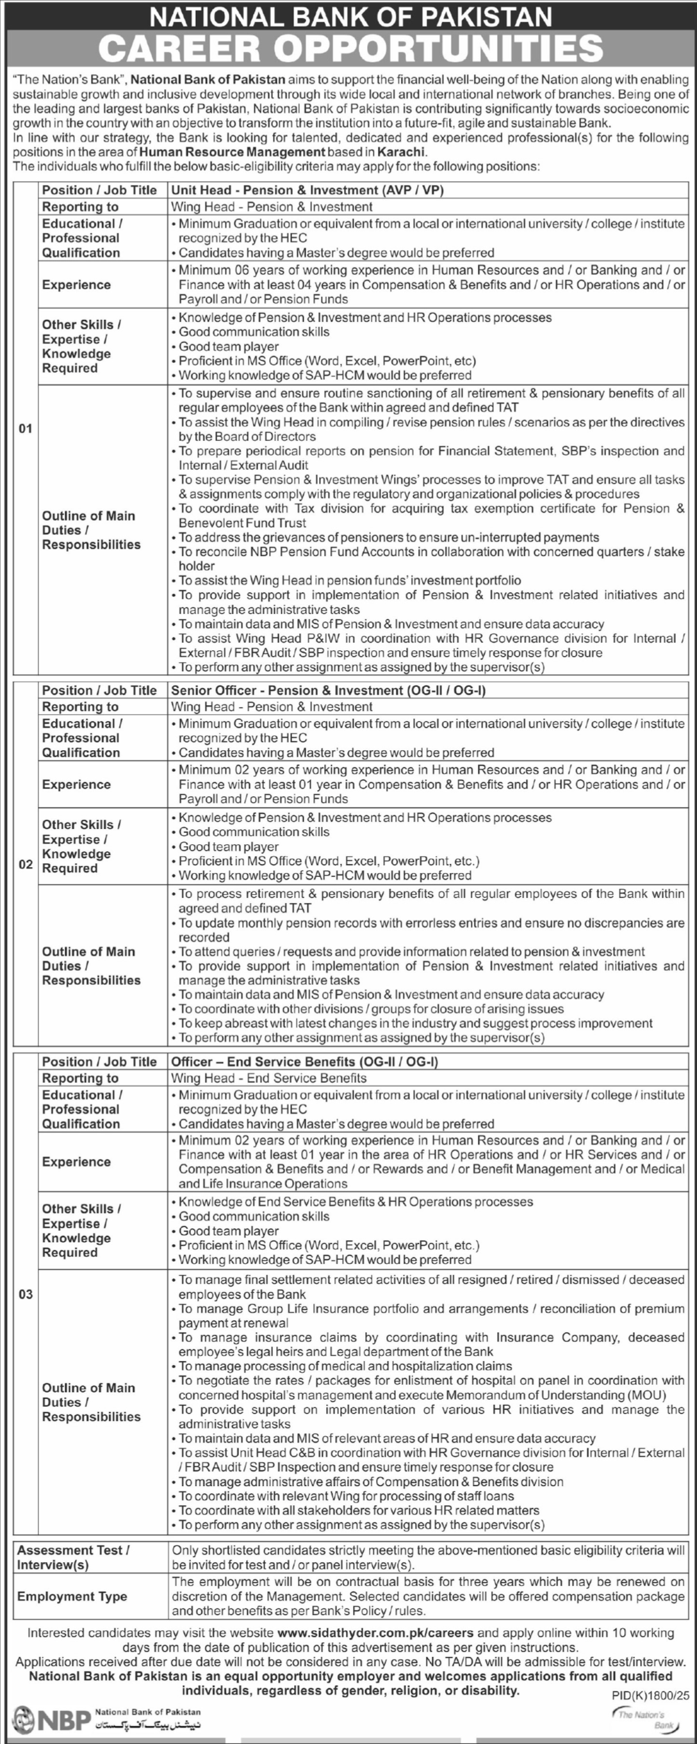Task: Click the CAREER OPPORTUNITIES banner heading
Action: pos(350,48)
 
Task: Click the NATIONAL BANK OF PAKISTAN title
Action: pos(350,16)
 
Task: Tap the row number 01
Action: pos(25,429)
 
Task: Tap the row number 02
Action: pos(25,865)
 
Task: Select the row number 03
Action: pos(25,1295)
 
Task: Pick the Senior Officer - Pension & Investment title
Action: pos(328,691)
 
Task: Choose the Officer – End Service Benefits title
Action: pos(304,1062)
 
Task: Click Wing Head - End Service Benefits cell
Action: pos(268,1078)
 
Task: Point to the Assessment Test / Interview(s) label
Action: pos(73,1558)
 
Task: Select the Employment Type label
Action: pos(72,1596)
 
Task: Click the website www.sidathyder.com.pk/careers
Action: pos(375,1633)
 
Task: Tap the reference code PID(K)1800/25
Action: pos(650,1695)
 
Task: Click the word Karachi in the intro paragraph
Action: pos(401,152)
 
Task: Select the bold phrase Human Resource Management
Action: pos(233,152)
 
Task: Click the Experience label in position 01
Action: pos(76,285)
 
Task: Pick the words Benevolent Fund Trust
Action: pos(242,523)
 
